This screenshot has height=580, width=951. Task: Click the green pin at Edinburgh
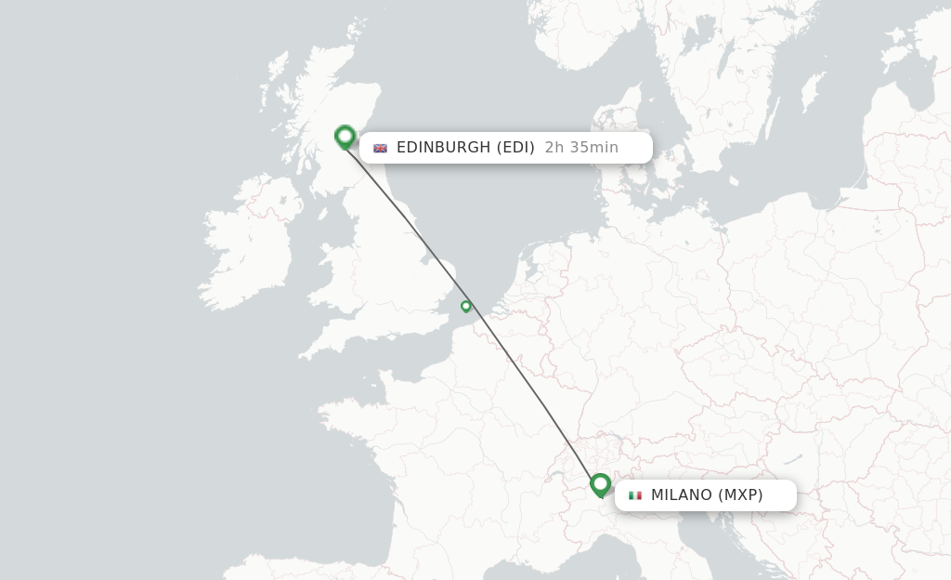coord(345,137)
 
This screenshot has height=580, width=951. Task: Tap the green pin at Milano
coord(600,484)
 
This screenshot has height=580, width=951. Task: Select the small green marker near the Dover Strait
coord(466,306)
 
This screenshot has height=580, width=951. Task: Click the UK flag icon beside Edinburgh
coord(380,148)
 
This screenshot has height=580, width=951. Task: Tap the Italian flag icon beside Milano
coord(635,495)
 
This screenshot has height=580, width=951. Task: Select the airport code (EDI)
coord(515,147)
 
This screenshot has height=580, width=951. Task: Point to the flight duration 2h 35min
coord(581,147)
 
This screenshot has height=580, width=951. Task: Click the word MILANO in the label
coord(681,494)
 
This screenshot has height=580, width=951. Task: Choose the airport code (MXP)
coord(740,494)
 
